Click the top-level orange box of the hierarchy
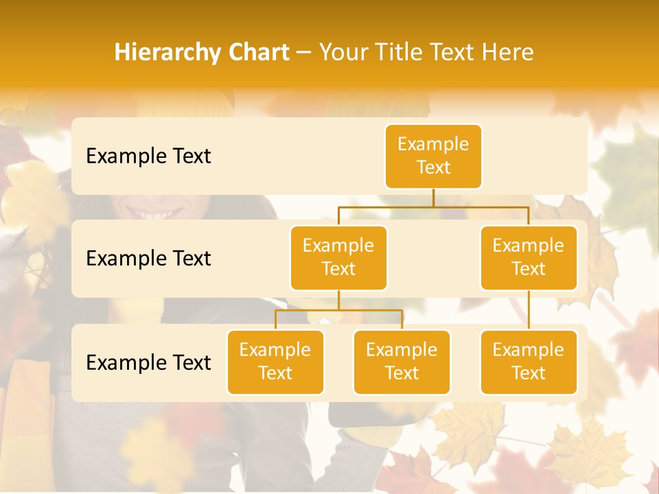point(433,156)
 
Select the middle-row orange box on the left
point(338,257)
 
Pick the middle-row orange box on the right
point(529,257)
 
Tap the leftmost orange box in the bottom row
point(275,362)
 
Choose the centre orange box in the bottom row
point(402,362)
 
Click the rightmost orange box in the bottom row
point(529,362)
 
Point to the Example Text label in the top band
point(148,156)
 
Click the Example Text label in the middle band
point(148,259)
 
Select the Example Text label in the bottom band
point(148,362)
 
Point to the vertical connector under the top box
point(433,198)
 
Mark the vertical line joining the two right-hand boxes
point(529,309)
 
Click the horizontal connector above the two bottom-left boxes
point(338,310)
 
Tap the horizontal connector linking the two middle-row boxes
point(433,206)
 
